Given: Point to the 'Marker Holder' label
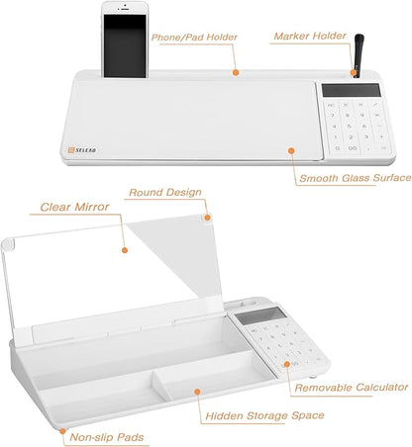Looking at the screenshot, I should tap(310, 37).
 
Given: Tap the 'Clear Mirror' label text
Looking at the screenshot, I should tap(74, 209).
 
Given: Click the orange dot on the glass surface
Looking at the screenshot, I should tap(290, 150).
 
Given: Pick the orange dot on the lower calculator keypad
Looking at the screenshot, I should tap(288, 364).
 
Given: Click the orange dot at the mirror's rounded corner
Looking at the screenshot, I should tap(207, 215).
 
